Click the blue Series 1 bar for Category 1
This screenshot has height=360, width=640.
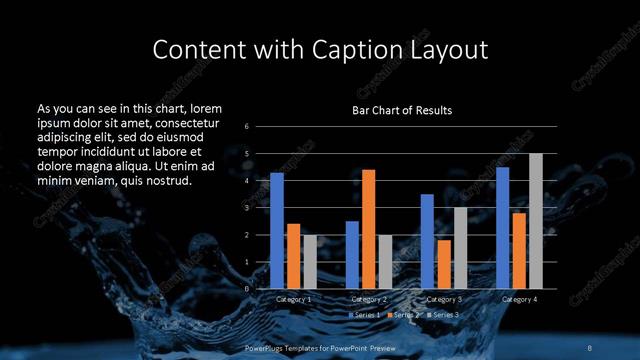coord(277,231)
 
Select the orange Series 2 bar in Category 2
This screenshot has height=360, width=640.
coord(368,229)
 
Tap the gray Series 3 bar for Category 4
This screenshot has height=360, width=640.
coord(535,221)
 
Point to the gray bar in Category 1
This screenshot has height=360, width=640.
coord(309,262)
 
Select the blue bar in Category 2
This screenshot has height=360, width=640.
coord(352,255)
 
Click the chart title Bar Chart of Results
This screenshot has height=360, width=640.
coord(402,110)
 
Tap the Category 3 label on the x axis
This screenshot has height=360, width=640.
coord(444,299)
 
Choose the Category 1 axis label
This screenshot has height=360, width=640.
coord(293,299)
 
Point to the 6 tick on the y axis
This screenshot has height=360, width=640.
coord(247,127)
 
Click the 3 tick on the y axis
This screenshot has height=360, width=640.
coord(247,208)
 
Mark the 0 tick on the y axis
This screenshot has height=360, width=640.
coord(247,289)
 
